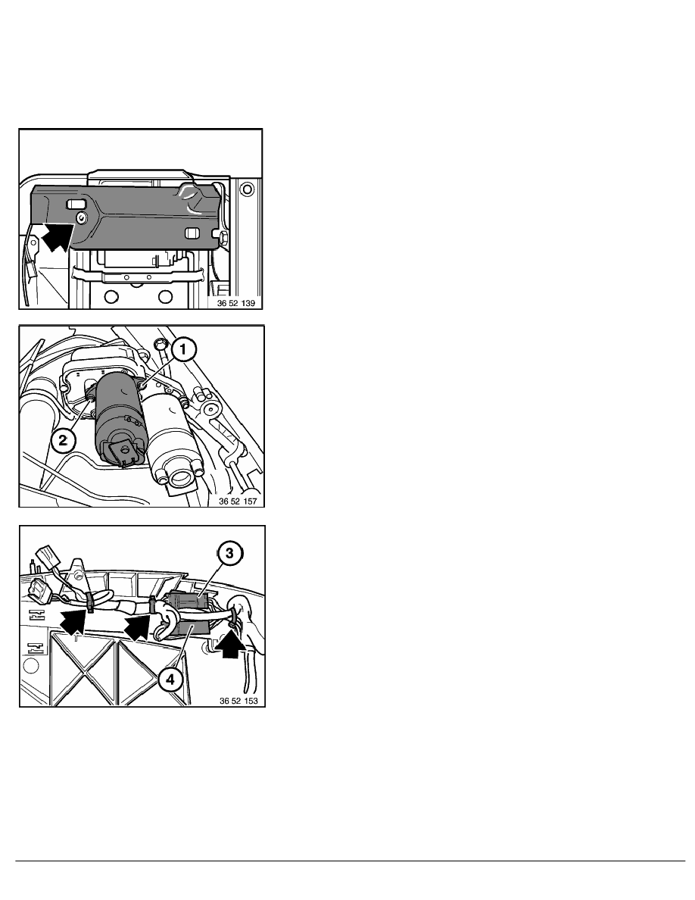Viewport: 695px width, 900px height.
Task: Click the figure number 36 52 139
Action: coord(235,303)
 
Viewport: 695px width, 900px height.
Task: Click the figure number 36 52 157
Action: coord(238,501)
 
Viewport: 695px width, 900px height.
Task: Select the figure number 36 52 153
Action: coord(238,701)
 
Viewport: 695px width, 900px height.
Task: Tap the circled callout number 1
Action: coord(182,349)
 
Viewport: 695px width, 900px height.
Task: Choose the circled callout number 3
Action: coord(229,553)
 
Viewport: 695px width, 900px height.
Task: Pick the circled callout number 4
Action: coord(170,680)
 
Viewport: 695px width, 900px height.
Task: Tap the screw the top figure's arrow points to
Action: coord(81,217)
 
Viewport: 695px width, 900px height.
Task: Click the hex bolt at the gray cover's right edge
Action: coord(223,236)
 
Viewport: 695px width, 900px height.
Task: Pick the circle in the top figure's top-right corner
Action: coord(247,189)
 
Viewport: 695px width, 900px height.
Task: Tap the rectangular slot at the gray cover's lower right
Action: coord(192,233)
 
